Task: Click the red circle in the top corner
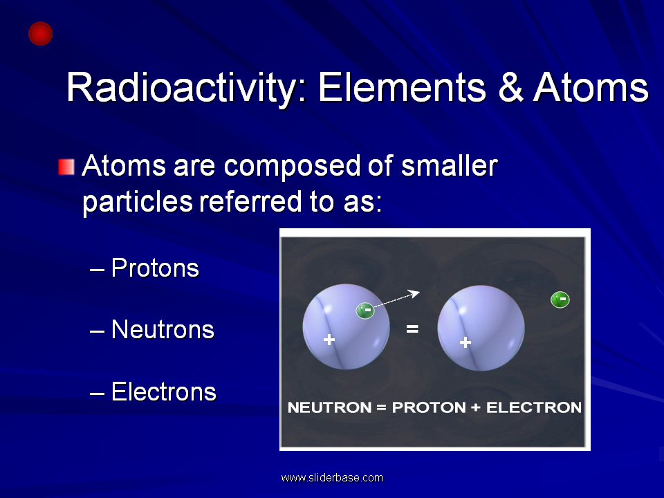40,33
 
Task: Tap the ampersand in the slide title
510,88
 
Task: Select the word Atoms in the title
591,88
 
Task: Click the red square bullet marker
66,167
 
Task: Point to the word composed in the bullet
292,166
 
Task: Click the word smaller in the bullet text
449,165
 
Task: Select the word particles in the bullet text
138,201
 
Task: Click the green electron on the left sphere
365,311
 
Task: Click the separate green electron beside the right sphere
560,299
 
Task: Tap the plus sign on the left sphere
329,340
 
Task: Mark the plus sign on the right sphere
465,342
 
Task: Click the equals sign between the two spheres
412,329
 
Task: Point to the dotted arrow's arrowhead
414,293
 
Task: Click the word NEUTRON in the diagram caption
329,407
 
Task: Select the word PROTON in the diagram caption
429,407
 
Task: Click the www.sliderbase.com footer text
332,478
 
